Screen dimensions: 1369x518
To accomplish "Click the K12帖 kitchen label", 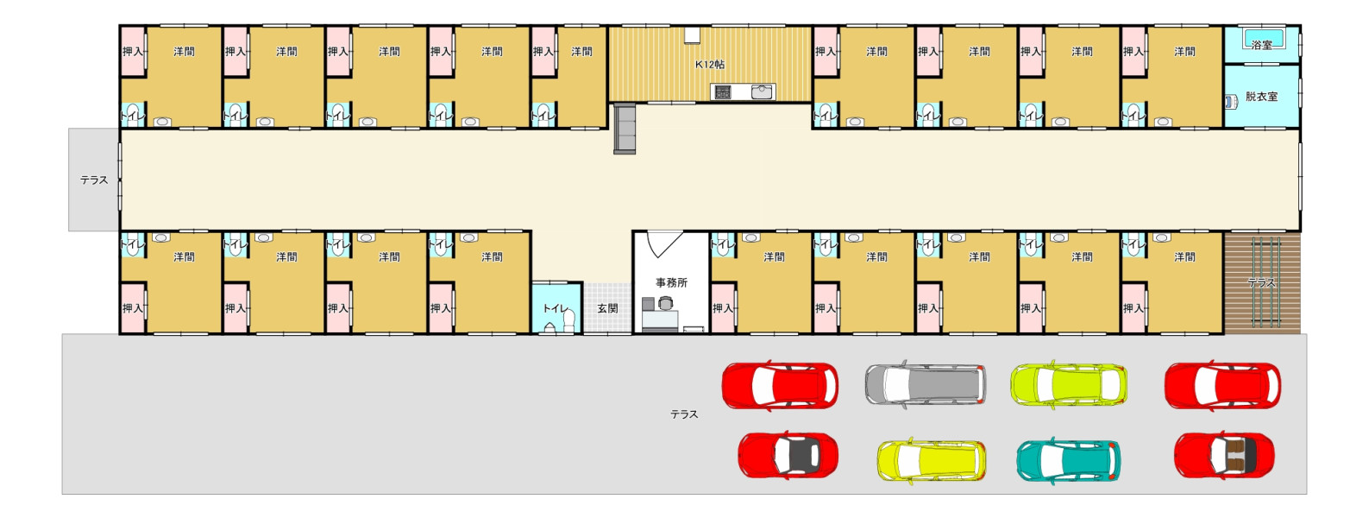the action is click(x=710, y=64).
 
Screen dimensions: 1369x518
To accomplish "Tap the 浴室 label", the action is click(x=1261, y=45).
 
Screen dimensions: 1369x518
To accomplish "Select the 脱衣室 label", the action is click(x=1261, y=97).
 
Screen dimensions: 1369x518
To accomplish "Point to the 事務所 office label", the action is click(x=671, y=282).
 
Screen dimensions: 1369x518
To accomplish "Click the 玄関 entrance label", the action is click(x=607, y=308).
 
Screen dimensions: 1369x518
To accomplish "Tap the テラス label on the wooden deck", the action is click(x=1261, y=282).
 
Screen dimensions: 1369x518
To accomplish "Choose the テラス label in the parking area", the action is click(x=684, y=414).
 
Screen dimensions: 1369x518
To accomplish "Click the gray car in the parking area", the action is click(x=926, y=383).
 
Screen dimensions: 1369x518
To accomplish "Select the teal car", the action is click(x=1068, y=460).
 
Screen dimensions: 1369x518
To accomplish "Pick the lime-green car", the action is click(x=1068, y=385).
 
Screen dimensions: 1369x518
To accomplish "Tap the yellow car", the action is click(x=932, y=460).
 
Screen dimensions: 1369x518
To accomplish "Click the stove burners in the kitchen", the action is click(x=723, y=92).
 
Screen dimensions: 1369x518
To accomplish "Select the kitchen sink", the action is click(x=762, y=92).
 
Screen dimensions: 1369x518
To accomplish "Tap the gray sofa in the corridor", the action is click(x=625, y=129).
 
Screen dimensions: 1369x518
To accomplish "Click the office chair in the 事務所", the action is click(x=666, y=302).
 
